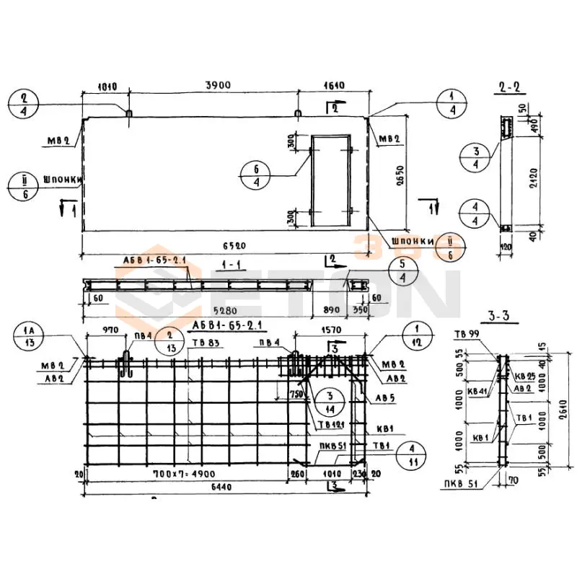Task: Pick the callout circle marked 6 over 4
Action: (x=258, y=175)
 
